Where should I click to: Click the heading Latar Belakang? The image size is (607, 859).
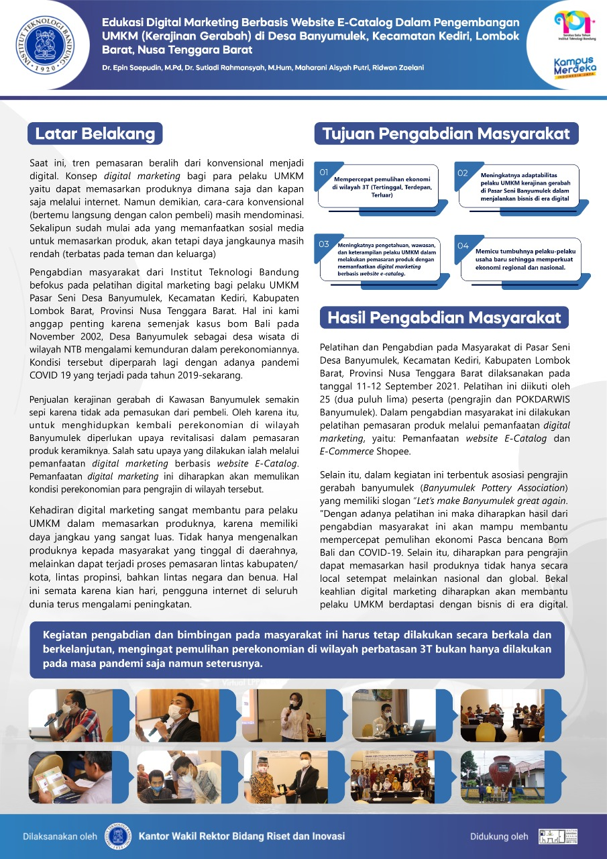[x=95, y=133]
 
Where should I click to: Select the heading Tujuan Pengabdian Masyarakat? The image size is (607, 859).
[x=446, y=133]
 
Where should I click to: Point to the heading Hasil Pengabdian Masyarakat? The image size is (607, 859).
[x=444, y=317]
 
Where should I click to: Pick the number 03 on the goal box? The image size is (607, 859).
[x=324, y=245]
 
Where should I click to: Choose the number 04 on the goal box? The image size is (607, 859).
[x=463, y=246]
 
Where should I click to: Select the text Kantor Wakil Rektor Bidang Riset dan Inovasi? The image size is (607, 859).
[x=241, y=836]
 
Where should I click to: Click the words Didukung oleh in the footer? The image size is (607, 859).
[x=499, y=837]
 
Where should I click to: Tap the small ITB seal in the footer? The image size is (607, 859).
[x=117, y=836]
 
